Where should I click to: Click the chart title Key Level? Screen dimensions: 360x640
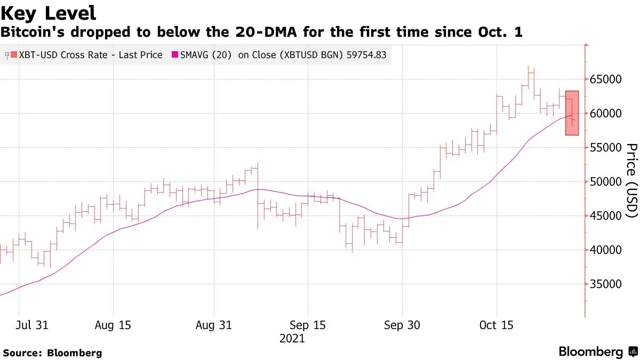[49, 13]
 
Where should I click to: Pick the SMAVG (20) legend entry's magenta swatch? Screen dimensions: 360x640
[174, 55]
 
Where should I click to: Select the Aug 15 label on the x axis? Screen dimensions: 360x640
[113, 325]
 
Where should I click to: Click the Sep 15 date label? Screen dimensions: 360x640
[307, 325]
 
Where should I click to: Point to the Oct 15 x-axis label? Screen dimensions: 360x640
[496, 325]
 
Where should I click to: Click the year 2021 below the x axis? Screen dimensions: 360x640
[292, 339]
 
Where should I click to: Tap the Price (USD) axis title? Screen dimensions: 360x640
[631, 181]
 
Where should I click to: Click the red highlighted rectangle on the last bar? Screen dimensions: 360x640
[572, 113]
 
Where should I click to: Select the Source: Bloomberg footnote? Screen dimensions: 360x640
[52, 353]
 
